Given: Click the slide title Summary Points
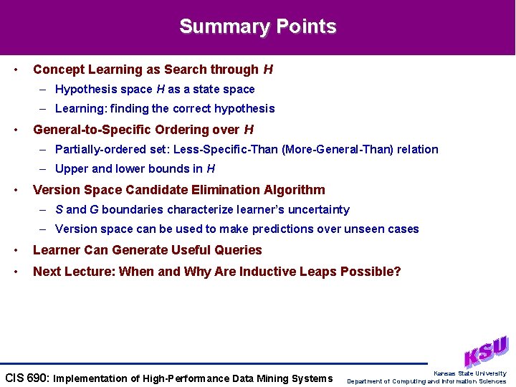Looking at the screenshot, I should [257, 27].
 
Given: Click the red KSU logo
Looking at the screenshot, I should [486, 352].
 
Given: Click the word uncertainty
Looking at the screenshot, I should [316, 209].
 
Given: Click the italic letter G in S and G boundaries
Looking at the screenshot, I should [94, 209].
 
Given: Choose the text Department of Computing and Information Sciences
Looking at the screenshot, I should [426, 381].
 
